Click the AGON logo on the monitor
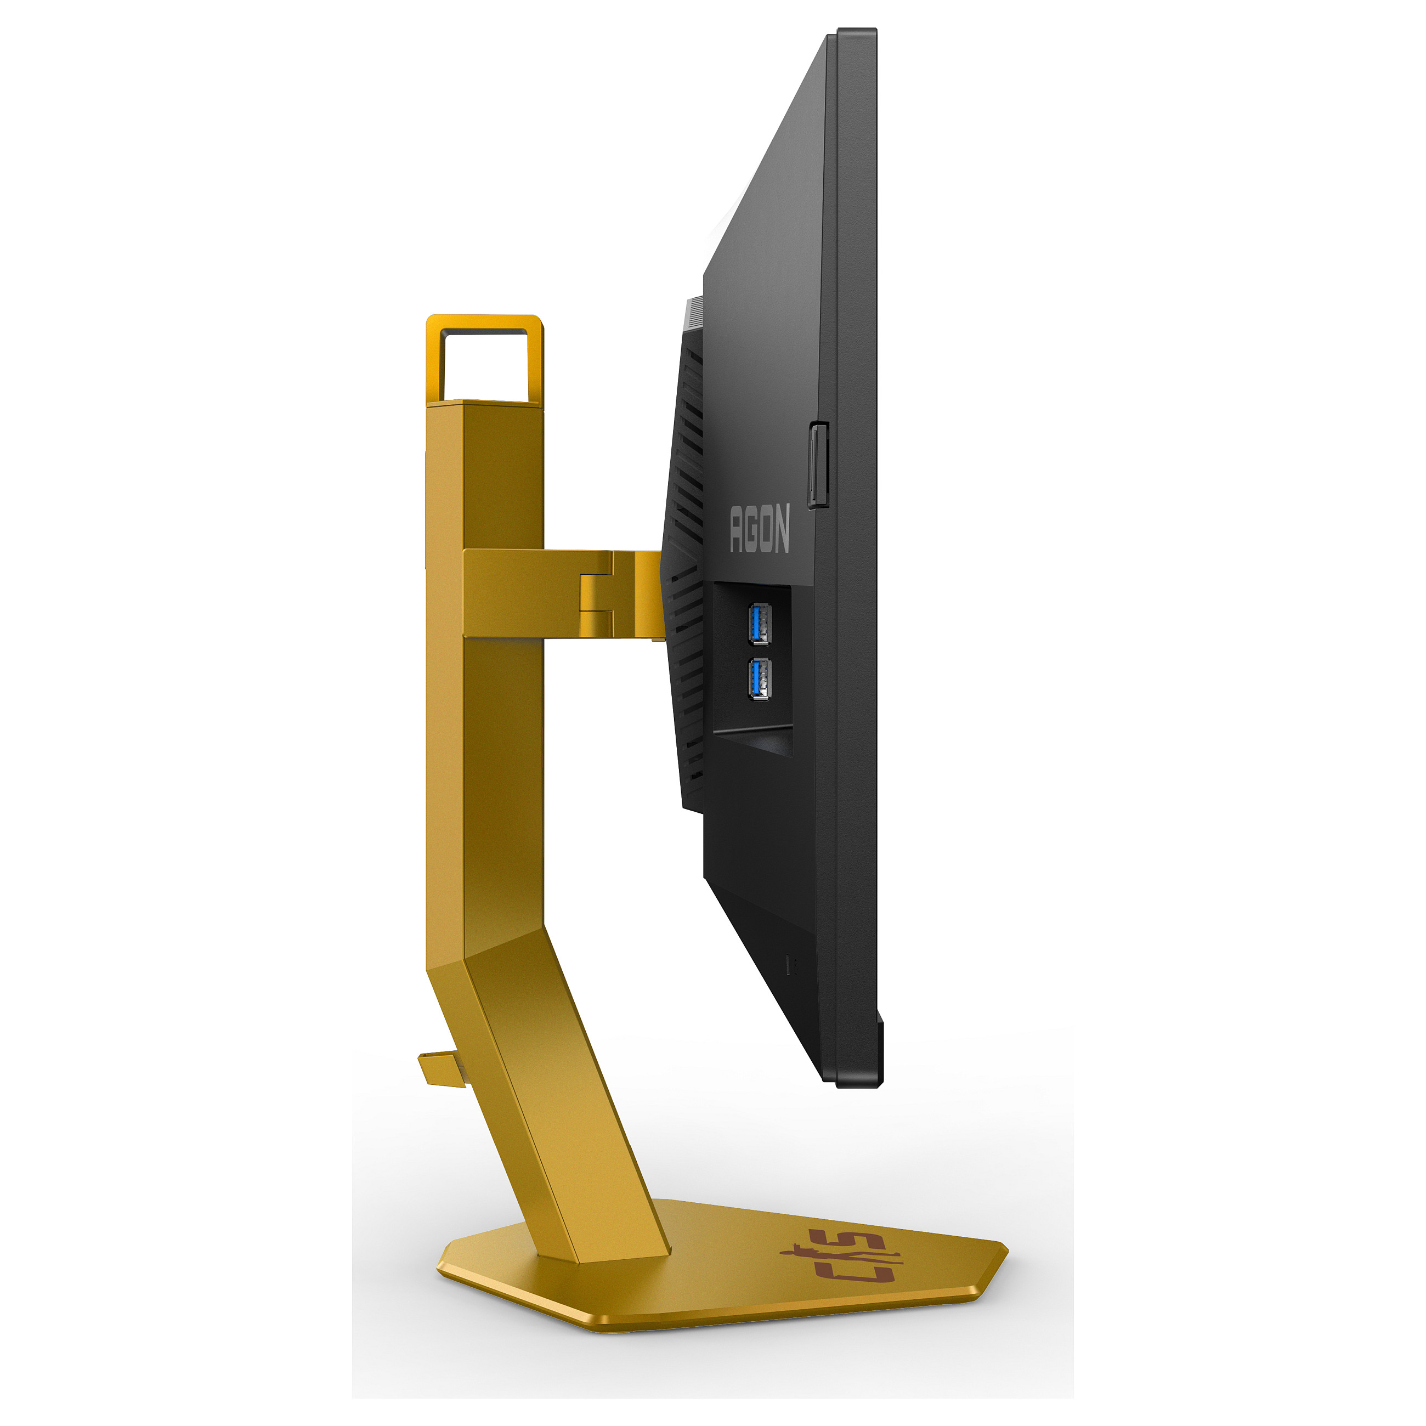click(x=760, y=529)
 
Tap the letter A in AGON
click(x=736, y=530)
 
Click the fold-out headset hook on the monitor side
click(x=818, y=465)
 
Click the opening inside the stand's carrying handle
click(x=484, y=366)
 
